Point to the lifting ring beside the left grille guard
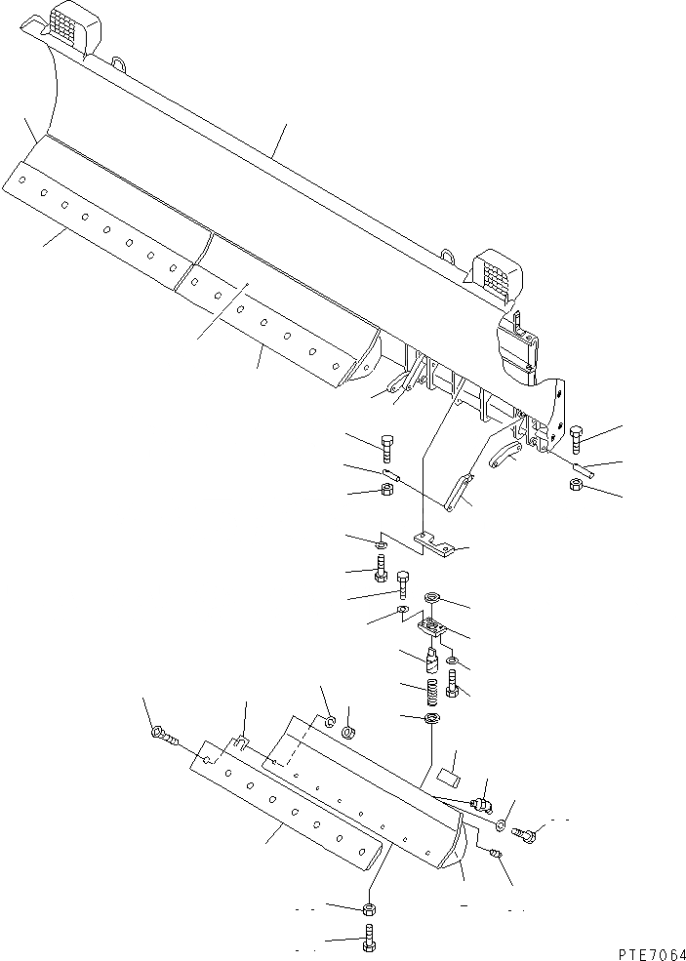pyautogui.click(x=120, y=64)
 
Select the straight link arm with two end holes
pyautogui.click(x=458, y=492)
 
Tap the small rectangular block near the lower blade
pyautogui.click(x=451, y=776)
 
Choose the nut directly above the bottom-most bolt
pyautogui.click(x=370, y=909)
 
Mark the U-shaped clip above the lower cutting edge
pyautogui.click(x=241, y=745)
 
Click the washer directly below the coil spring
pyautogui.click(x=432, y=720)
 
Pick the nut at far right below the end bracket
pyautogui.click(x=578, y=484)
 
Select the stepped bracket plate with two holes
pyautogui.click(x=433, y=542)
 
